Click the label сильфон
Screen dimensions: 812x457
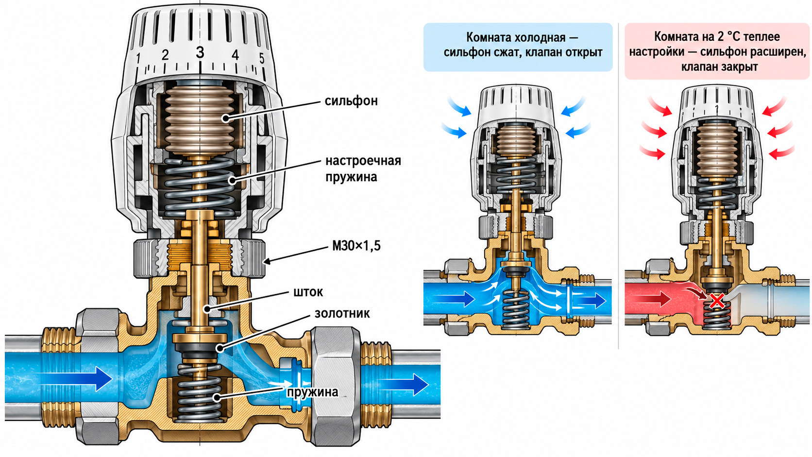click(x=351, y=101)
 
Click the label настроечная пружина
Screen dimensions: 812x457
click(x=363, y=169)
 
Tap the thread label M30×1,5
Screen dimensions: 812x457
click(x=356, y=246)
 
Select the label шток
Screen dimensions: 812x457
click(x=308, y=292)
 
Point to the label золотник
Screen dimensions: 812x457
click(x=342, y=313)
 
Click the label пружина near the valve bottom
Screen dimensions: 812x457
click(x=312, y=392)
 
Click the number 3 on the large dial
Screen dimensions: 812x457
click(x=200, y=52)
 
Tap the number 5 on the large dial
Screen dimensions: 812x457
click(x=262, y=58)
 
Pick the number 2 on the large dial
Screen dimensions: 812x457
click(x=165, y=55)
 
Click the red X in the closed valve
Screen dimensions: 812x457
click(x=717, y=301)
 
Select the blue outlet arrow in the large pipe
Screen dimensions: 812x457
click(x=403, y=385)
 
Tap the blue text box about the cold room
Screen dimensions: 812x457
click(x=518, y=47)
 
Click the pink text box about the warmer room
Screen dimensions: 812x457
click(x=717, y=51)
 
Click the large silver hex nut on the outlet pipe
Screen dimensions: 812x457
click(x=336, y=386)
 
